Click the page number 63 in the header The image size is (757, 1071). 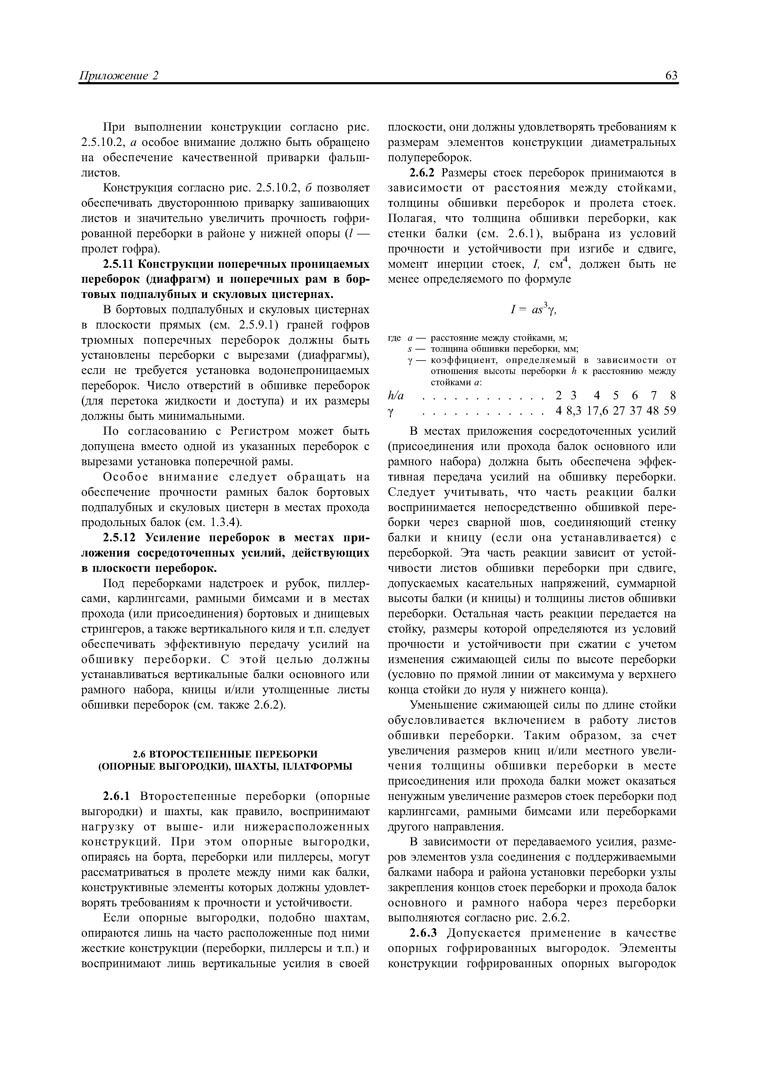[671, 76]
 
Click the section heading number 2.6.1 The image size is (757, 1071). [118, 796]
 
